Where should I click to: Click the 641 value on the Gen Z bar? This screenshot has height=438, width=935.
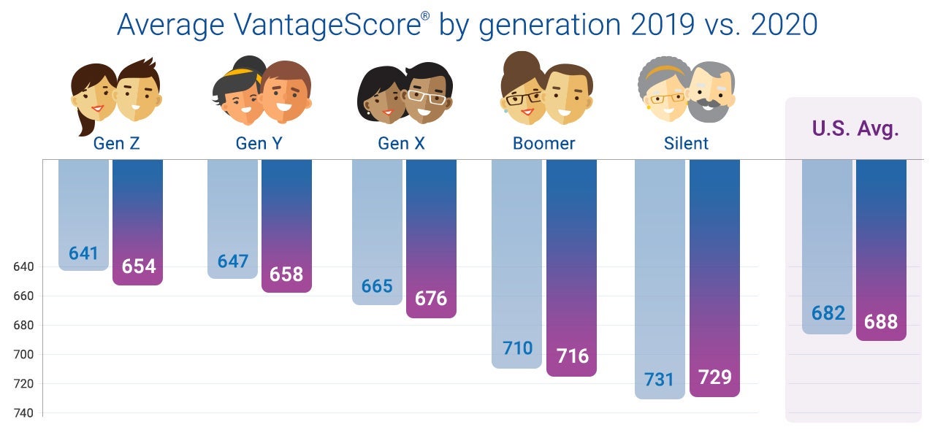83,253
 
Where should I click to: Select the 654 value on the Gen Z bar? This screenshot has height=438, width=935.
138,266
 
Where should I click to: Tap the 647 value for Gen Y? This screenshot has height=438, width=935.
233,261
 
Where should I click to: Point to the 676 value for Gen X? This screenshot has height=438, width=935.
431,299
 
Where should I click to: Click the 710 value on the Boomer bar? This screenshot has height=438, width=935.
517,348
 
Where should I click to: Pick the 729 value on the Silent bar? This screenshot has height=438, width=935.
714,377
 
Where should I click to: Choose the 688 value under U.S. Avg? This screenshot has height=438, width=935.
881,321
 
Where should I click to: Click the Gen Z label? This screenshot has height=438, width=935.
116,143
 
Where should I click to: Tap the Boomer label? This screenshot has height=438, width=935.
543,143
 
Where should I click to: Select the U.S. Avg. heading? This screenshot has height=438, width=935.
855,129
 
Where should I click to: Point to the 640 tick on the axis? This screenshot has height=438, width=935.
23,267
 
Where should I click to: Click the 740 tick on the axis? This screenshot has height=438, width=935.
23,413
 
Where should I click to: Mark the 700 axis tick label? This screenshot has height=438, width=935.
23,355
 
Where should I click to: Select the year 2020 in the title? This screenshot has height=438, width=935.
776,25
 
